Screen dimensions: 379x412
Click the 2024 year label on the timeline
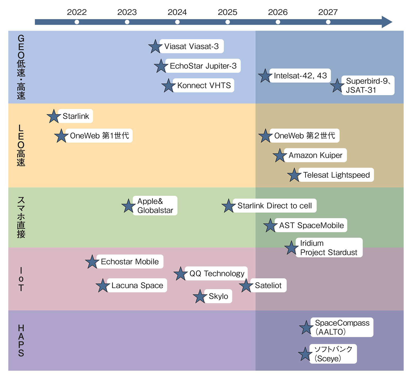click(177, 12)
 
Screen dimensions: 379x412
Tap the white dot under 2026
click(278, 22)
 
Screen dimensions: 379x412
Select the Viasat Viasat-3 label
click(191, 46)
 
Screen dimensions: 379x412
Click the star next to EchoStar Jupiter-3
click(161, 66)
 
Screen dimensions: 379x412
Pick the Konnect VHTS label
click(204, 86)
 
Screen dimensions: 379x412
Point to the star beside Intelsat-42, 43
click(265, 76)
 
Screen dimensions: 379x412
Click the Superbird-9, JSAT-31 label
click(367, 86)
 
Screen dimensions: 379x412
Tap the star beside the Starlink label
click(54, 116)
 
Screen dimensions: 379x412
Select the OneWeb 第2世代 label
click(304, 136)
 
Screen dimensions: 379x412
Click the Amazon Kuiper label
click(315, 155)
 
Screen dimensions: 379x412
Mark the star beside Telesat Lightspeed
click(294, 175)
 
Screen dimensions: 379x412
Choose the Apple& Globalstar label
click(155, 206)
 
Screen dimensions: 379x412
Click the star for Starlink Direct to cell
click(228, 206)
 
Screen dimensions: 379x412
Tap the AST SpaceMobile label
click(311, 225)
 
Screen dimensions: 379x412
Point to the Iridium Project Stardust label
click(329, 248)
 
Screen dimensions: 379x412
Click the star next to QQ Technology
click(181, 274)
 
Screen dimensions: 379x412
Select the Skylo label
click(218, 296)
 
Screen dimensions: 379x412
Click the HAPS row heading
click(21, 340)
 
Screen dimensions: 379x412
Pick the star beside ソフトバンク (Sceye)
click(305, 354)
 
